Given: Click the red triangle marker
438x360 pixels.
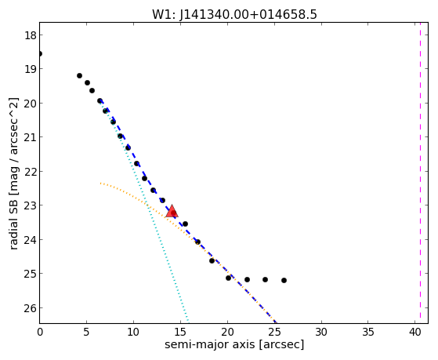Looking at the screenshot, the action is point(172,212).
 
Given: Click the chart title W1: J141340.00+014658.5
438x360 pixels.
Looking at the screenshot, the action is point(234,14).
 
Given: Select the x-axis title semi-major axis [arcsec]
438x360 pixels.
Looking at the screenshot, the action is point(234,344).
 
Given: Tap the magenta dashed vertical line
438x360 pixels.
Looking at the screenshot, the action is point(420,173).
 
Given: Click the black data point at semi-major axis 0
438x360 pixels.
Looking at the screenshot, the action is point(40,53).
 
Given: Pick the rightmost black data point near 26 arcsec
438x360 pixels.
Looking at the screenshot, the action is point(284,280).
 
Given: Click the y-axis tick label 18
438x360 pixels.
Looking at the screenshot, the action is point(31,35).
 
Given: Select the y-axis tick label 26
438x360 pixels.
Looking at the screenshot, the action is point(31,308).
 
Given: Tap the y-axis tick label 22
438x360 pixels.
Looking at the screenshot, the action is point(31,172).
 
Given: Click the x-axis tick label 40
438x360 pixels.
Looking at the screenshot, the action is point(415,332).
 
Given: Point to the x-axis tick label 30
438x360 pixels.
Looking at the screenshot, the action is point(321,332).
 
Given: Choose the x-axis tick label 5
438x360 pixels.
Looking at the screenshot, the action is point(86,332).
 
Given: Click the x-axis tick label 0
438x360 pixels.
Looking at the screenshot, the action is point(40,332).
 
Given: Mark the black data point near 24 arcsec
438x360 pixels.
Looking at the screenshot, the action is point(265,279).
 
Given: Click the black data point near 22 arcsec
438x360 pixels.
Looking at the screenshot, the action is point(247,279).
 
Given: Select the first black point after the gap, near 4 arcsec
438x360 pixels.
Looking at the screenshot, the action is point(79,75).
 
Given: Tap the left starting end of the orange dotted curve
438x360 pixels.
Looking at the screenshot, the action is point(100,184).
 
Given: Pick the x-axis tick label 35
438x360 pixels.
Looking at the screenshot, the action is point(368,332).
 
